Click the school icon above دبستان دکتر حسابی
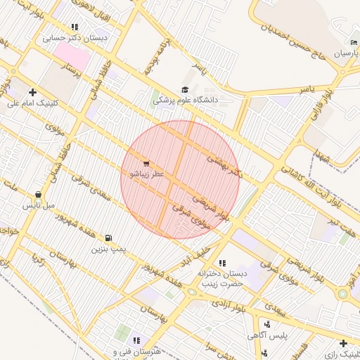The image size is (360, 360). point(75,27)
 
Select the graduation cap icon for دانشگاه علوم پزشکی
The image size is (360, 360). point(185,89)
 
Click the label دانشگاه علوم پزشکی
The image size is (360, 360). point(186,100)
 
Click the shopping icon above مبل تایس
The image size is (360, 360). point(38,195)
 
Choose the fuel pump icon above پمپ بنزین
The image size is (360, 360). point(108,238)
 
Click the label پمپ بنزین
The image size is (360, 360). point(108,249)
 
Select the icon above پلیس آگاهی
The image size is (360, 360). point(267,324)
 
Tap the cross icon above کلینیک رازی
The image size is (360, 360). point(342,344)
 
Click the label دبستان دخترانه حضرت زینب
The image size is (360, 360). point(223,278)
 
